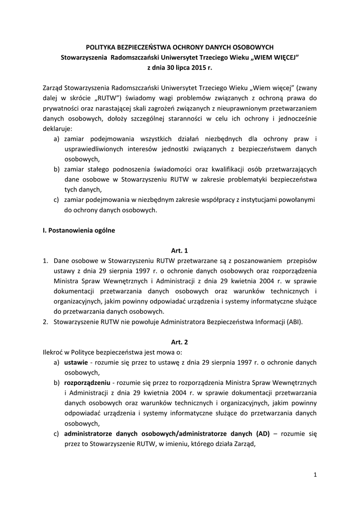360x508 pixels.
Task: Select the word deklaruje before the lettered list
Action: click(x=57, y=128)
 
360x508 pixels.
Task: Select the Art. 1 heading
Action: click(x=180, y=251)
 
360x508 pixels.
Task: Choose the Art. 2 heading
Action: click(x=180, y=342)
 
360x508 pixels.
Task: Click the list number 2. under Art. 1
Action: click(x=46, y=321)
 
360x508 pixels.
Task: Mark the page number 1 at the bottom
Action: click(x=315, y=475)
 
